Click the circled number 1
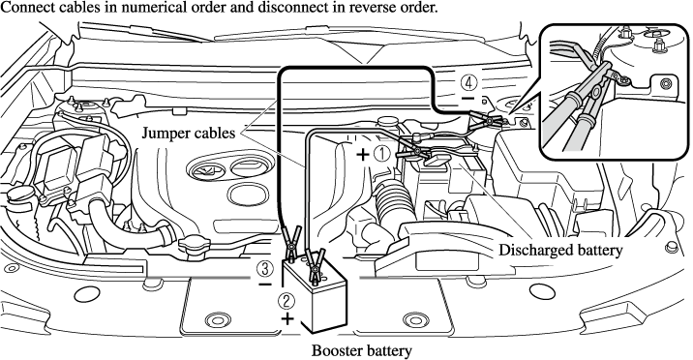pos(382,154)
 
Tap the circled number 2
pos(286,301)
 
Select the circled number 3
pos(264,268)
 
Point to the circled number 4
pos(468,82)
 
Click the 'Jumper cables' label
pos(189,133)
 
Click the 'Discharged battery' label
pos(560,250)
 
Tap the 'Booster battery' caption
pos(362,350)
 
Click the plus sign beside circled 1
pos(363,155)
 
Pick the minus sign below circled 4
pos(468,98)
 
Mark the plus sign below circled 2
pos(287,318)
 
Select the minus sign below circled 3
pos(265,285)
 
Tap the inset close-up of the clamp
pos(615,92)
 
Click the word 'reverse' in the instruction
pos(350,8)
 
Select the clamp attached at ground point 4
pos(485,120)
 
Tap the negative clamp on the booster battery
pos(291,243)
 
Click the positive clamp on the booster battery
pos(315,265)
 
